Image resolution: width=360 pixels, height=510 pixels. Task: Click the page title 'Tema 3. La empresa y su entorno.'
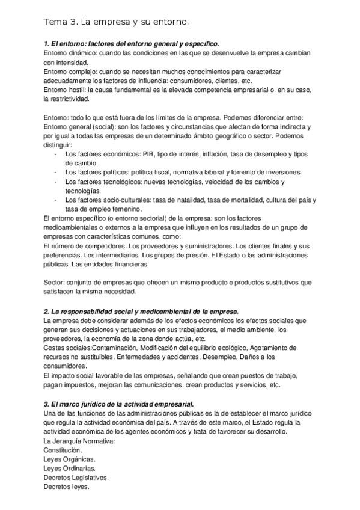click(116, 22)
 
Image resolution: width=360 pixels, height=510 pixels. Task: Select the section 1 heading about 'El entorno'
click(131, 44)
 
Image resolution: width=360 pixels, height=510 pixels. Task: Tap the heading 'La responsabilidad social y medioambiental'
click(141, 311)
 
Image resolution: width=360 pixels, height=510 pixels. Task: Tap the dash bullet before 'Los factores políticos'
click(55, 172)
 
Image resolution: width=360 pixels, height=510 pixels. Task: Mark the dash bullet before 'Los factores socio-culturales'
click(55, 200)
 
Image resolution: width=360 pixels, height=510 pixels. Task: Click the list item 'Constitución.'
click(63, 450)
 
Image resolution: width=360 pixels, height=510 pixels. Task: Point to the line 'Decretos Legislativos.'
click(76, 478)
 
